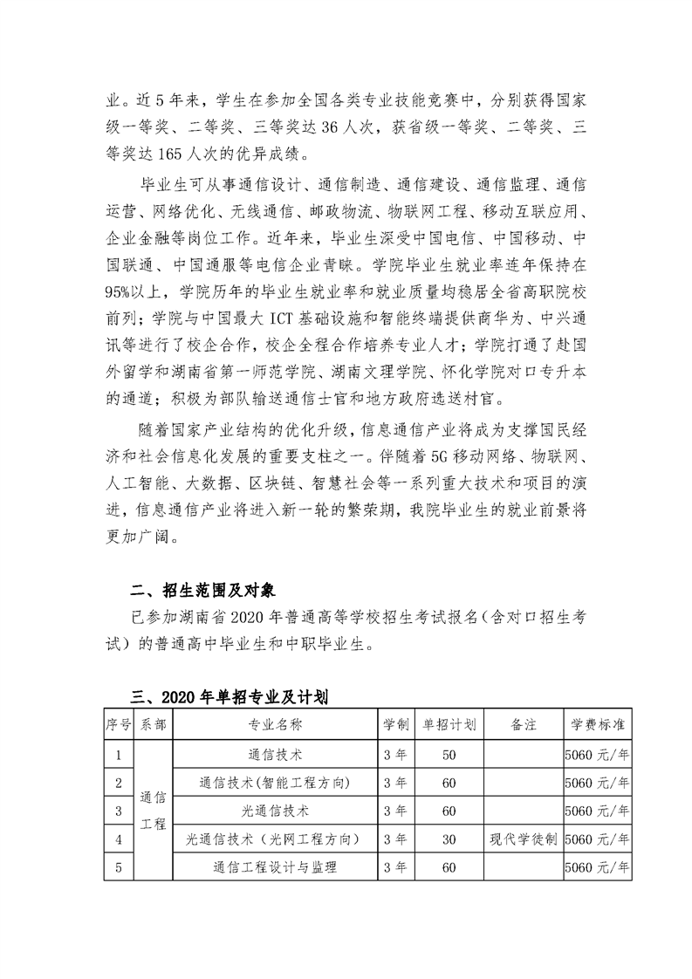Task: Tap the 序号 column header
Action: click(118, 724)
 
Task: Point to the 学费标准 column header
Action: click(598, 724)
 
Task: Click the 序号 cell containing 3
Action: click(118, 811)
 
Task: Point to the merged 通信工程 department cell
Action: click(153, 811)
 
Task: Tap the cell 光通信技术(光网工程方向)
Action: click(275, 839)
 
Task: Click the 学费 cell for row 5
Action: click(598, 868)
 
